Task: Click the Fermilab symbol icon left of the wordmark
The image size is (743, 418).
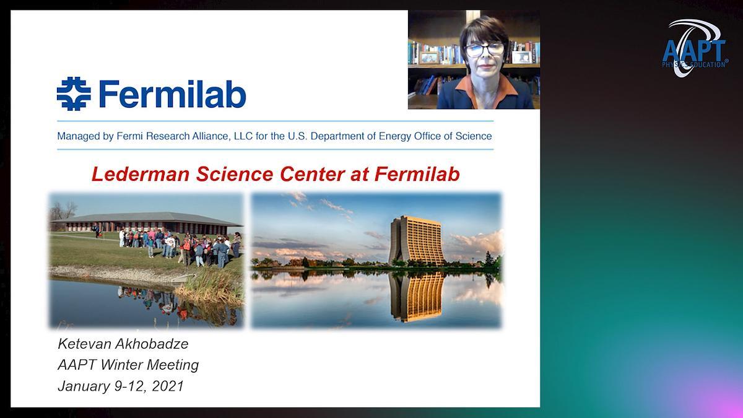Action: pyautogui.click(x=74, y=94)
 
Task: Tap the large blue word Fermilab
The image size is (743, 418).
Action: pyautogui.click(x=172, y=94)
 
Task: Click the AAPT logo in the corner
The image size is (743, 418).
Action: pyautogui.click(x=695, y=48)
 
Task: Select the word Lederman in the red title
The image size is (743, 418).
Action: pyautogui.click(x=141, y=174)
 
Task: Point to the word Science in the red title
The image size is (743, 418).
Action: pyautogui.click(x=235, y=174)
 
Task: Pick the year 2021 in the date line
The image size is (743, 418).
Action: pyautogui.click(x=168, y=386)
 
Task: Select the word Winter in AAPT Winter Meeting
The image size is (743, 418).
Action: pyautogui.click(x=122, y=365)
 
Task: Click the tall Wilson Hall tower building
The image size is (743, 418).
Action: pyautogui.click(x=417, y=240)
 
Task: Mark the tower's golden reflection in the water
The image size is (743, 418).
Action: pyautogui.click(x=417, y=296)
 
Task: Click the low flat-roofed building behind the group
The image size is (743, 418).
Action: pyautogui.click(x=147, y=223)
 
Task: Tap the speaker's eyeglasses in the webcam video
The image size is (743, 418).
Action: pyautogui.click(x=485, y=50)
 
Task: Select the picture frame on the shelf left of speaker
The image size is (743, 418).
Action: pyautogui.click(x=429, y=58)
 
